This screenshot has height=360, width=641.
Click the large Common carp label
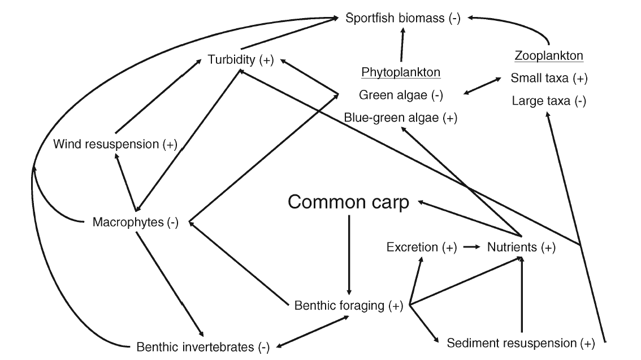click(348, 202)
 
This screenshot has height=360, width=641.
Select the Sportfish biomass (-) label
click(403, 18)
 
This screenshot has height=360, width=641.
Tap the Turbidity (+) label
click(240, 60)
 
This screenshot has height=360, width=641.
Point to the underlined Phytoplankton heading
click(401, 72)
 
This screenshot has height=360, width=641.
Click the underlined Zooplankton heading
click(548, 56)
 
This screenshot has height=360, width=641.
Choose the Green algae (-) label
click(401, 95)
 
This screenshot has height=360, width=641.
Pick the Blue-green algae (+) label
click(401, 118)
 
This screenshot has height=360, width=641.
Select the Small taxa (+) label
click(548, 79)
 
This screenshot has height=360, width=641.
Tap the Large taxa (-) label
click(548, 101)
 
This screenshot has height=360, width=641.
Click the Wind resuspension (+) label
click(115, 144)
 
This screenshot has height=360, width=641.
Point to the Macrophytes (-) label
click(136, 222)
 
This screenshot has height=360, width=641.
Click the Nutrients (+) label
click(521, 247)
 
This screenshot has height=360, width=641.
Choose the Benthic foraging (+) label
click(349, 306)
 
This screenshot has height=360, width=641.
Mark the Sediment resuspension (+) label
click(521, 342)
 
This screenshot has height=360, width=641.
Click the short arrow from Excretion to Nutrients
click(470, 247)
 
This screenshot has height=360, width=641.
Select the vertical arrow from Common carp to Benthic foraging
click(349, 254)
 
